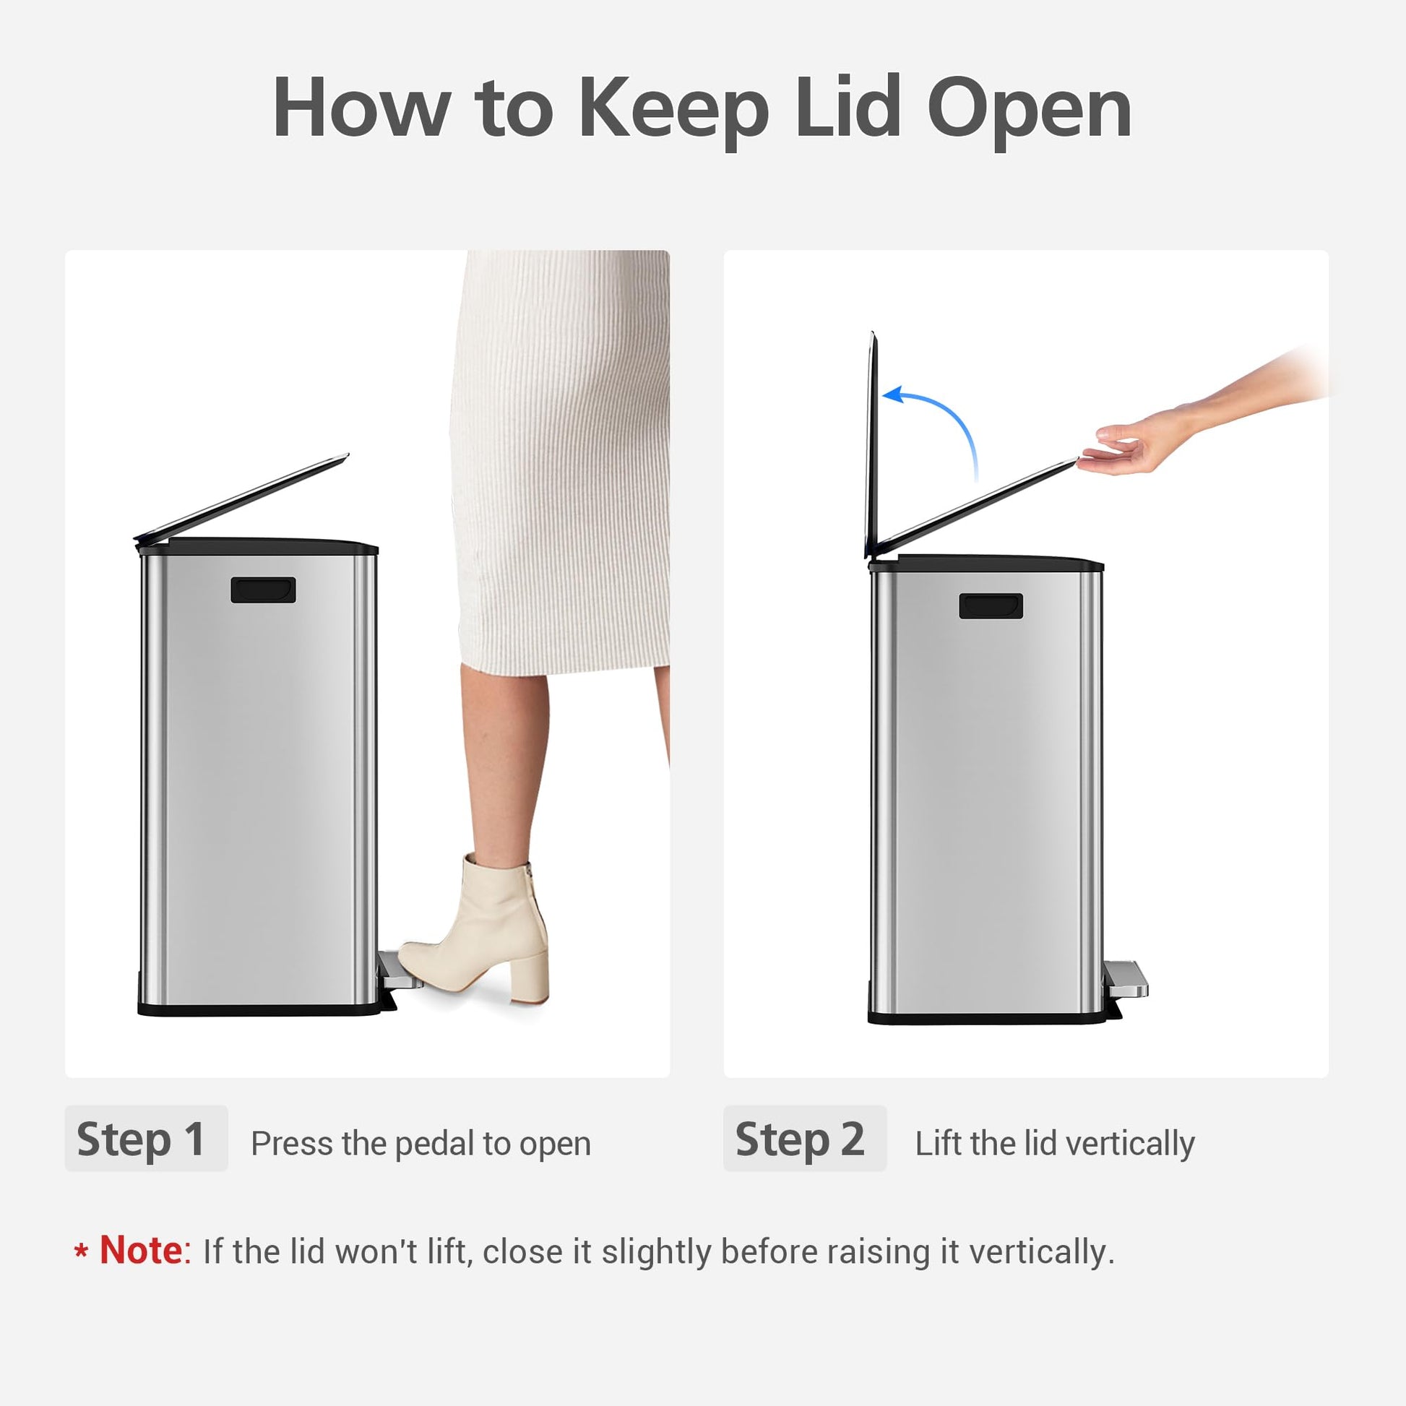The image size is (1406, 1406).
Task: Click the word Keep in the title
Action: pos(673,109)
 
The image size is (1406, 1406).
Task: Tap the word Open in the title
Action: pos(1029,109)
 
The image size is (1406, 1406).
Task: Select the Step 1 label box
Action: pos(145,1139)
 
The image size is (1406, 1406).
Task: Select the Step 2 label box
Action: pos(804,1139)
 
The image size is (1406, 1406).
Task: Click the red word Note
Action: pos(141,1250)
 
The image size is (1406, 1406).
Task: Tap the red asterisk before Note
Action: pos(82,1251)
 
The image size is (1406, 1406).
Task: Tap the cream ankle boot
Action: pos(484,924)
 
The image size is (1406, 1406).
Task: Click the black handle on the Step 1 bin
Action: pos(263,590)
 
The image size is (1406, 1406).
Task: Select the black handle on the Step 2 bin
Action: pos(991,606)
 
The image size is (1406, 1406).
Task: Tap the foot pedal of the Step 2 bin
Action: pos(1126,978)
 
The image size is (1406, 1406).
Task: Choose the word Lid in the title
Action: pos(848,109)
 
